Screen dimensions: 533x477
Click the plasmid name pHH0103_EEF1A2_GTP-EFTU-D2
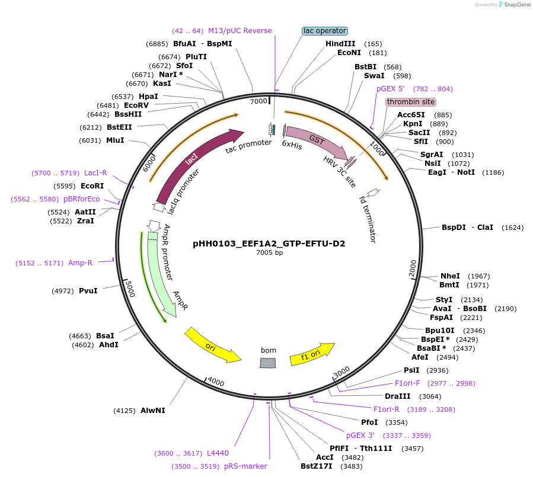[x=269, y=244]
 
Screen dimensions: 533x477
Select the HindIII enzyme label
[x=340, y=44]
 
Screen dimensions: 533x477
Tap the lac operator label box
[x=324, y=31]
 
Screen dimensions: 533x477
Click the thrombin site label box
[x=411, y=102]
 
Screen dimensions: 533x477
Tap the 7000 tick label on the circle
[x=258, y=101]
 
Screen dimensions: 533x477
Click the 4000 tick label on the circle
[x=215, y=383]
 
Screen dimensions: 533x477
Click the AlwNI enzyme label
[x=153, y=410]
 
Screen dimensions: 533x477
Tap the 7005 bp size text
[x=269, y=253]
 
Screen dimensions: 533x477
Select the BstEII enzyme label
[x=119, y=127]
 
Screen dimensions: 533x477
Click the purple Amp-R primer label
[x=80, y=263]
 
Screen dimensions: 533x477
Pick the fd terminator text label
[x=368, y=219]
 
